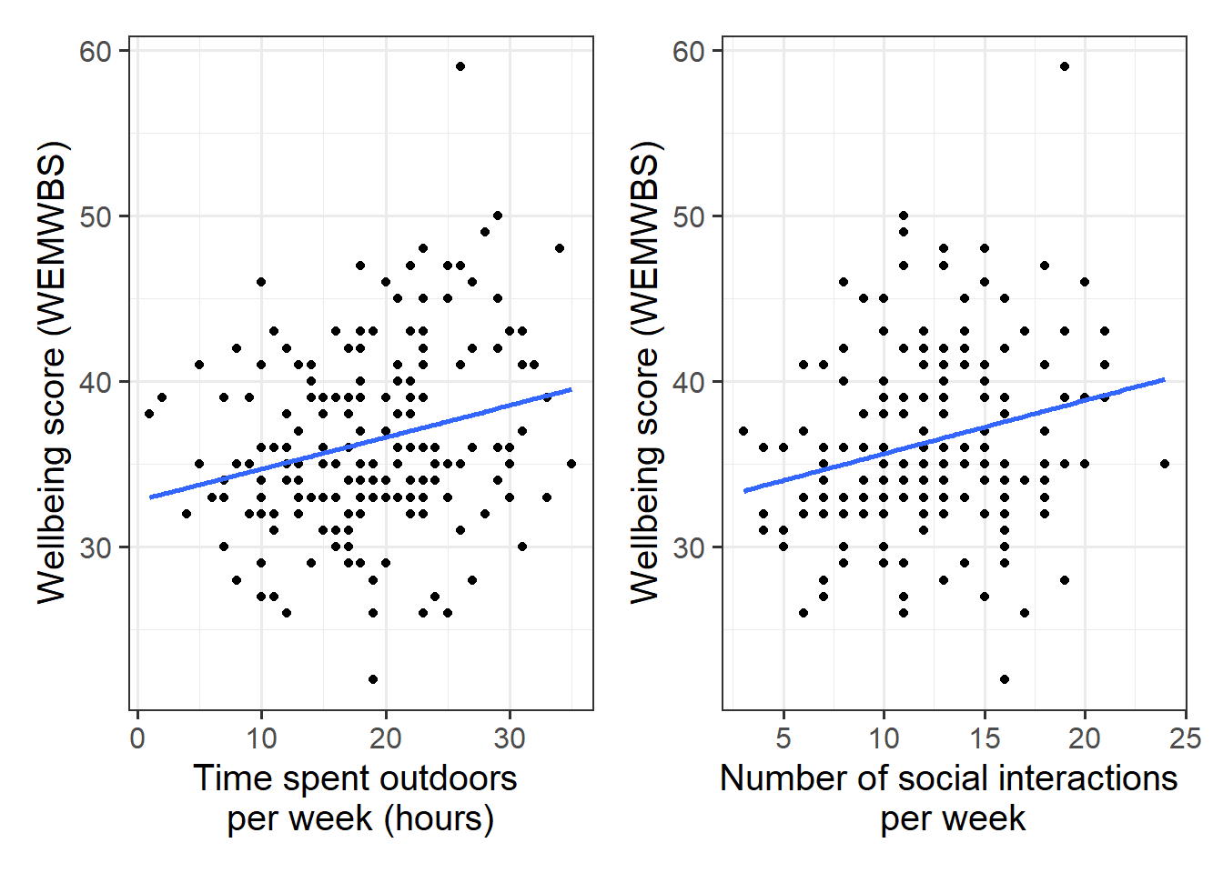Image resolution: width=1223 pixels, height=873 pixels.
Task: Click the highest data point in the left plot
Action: coord(460,66)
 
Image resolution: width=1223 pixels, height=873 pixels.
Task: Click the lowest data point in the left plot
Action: coord(373,679)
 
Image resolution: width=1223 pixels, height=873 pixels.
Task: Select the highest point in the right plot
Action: coord(1065,66)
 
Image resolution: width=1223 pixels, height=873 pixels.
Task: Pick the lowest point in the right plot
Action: coord(1005,679)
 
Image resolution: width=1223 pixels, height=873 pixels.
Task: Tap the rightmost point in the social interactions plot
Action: coord(1165,464)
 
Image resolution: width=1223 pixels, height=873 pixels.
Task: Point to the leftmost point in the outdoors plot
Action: coord(149,414)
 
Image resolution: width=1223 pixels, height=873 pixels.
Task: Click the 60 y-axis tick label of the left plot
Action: coord(96,52)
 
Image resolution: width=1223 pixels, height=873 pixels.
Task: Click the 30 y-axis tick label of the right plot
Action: coord(689,548)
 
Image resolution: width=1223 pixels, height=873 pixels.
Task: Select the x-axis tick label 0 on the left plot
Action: coord(137,738)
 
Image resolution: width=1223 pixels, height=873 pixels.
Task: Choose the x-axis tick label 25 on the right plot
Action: coord(1185,738)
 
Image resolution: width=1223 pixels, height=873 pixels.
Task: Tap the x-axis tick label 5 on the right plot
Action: coord(783,738)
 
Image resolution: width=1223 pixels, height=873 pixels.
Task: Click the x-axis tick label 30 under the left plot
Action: coord(510,738)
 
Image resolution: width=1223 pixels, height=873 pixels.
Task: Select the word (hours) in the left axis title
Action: coord(439,818)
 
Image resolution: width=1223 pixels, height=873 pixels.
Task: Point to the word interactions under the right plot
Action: coord(1088,778)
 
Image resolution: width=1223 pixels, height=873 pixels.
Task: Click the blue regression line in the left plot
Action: coord(360,444)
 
